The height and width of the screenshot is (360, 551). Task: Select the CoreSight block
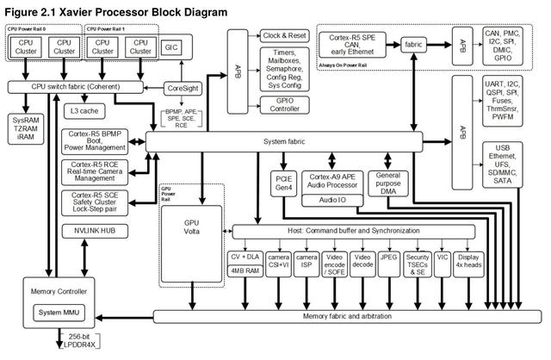[x=183, y=88]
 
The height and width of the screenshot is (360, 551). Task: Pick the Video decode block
[x=362, y=262]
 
